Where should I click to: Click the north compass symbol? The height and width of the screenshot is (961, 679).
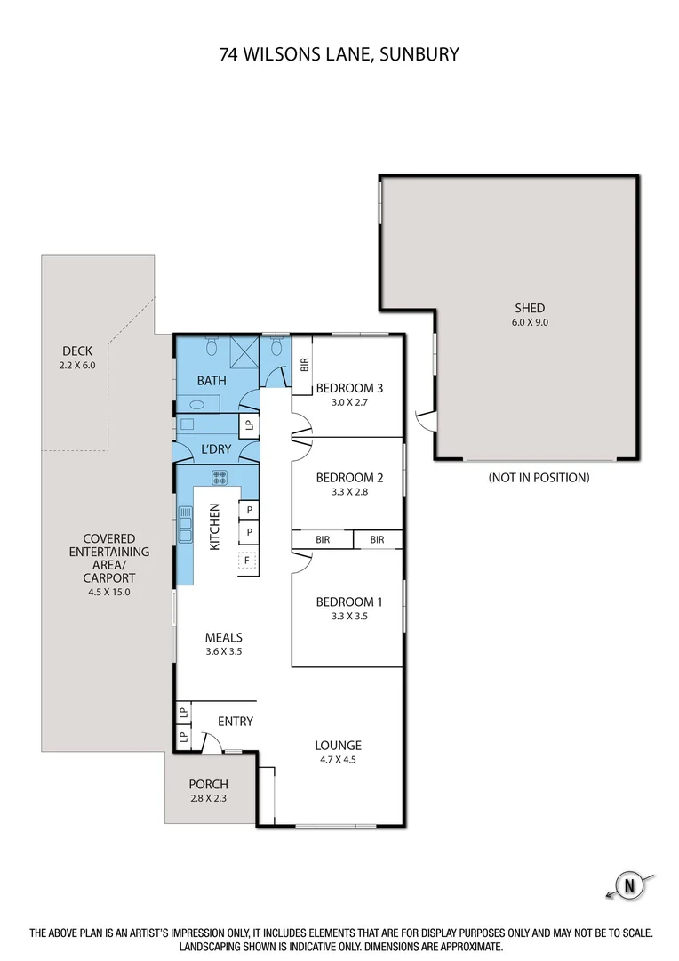coord(630,885)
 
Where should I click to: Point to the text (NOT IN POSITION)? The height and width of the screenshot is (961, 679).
coord(539,478)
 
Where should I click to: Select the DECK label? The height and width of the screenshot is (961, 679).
coord(77,351)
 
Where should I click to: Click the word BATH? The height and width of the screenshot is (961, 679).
coord(212,381)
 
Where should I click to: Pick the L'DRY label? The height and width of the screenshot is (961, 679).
coord(216,449)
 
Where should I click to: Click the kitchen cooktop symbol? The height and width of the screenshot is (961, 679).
coord(220,478)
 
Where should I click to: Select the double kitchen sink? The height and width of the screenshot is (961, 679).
coord(185,524)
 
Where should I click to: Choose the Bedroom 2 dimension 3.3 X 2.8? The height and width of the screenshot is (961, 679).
coord(349,491)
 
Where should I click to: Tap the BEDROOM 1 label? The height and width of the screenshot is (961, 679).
coord(349,602)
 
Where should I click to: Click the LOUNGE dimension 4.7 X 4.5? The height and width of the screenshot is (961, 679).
coord(338,760)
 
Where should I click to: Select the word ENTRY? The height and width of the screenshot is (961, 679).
coord(235,722)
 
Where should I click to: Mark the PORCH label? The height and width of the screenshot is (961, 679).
coord(208,784)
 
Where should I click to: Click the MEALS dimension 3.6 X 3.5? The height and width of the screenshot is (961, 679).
coord(223,651)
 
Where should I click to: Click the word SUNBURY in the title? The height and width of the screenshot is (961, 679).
coord(419,54)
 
